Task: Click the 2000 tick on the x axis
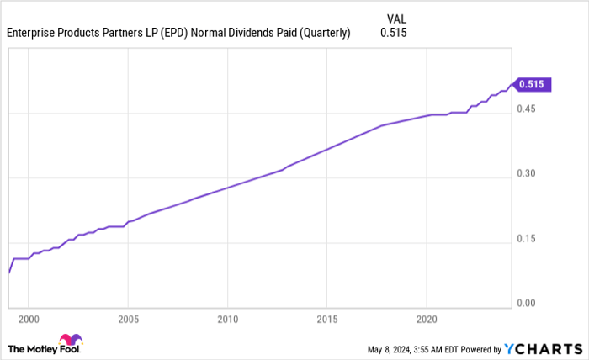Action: point(28,320)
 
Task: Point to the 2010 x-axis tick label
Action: point(227,320)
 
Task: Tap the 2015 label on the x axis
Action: point(327,320)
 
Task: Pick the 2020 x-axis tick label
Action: point(427,320)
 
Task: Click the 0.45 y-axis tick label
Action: point(527,109)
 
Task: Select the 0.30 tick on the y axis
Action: point(527,173)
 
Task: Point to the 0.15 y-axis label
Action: point(527,238)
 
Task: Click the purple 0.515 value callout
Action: point(532,84)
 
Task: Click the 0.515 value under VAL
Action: point(394,34)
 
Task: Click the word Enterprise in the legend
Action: point(33,34)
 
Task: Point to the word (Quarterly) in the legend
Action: point(320,34)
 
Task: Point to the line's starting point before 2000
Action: point(8,272)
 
